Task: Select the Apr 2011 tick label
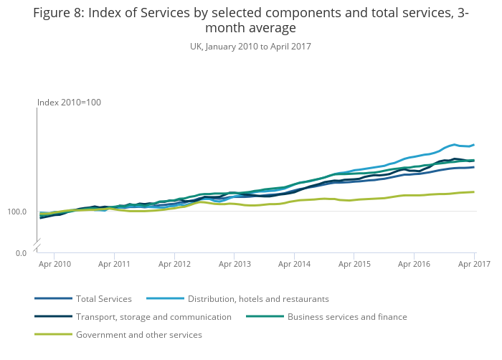[114, 264]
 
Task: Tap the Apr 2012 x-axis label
[174, 264]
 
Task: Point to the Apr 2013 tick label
[235, 264]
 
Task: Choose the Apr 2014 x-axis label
[295, 264]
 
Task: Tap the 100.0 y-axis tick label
[18, 212]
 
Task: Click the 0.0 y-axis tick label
[22, 253]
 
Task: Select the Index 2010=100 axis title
[69, 103]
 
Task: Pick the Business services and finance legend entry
[347, 317]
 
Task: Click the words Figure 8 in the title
[57, 14]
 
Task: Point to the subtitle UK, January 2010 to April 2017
[250, 46]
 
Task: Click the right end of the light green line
[474, 191]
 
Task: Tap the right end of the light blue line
[474, 145]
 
